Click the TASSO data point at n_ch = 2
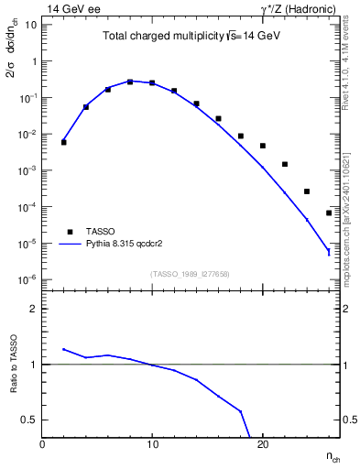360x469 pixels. click(x=64, y=142)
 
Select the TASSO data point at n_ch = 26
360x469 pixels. click(x=329, y=213)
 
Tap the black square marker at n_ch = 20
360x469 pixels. click(x=263, y=146)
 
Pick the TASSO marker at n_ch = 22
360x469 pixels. click(x=285, y=164)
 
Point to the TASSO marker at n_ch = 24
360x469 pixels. click(x=307, y=191)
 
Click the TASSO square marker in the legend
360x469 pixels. click(x=69, y=232)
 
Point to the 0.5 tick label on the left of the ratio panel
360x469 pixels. click(x=27, y=420)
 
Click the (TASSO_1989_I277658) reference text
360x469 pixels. click(x=191, y=273)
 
